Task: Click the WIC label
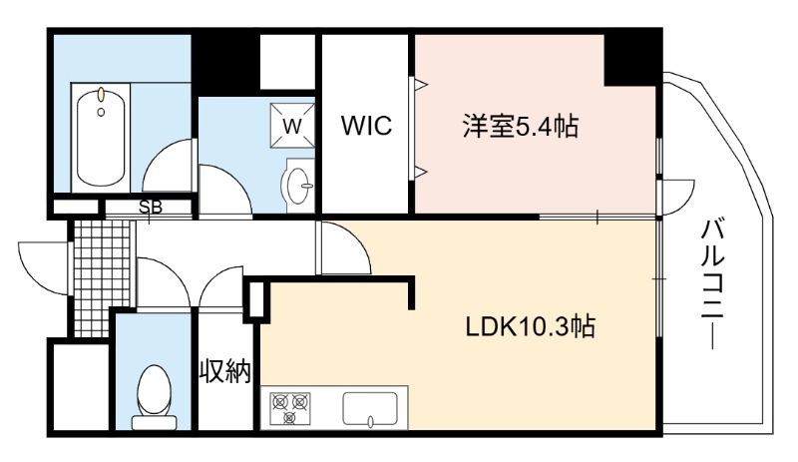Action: (366, 126)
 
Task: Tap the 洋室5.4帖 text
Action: (520, 126)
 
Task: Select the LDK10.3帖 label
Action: (531, 326)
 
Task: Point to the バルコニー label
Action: (712, 284)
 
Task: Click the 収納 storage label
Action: (225, 371)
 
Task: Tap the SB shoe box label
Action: (151, 208)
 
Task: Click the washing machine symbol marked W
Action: (292, 126)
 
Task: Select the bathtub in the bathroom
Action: (101, 138)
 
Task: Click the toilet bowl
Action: (154, 389)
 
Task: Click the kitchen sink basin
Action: (370, 408)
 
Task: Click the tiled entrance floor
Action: (102, 277)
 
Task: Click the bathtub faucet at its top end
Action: (102, 94)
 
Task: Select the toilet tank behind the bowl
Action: (154, 422)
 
